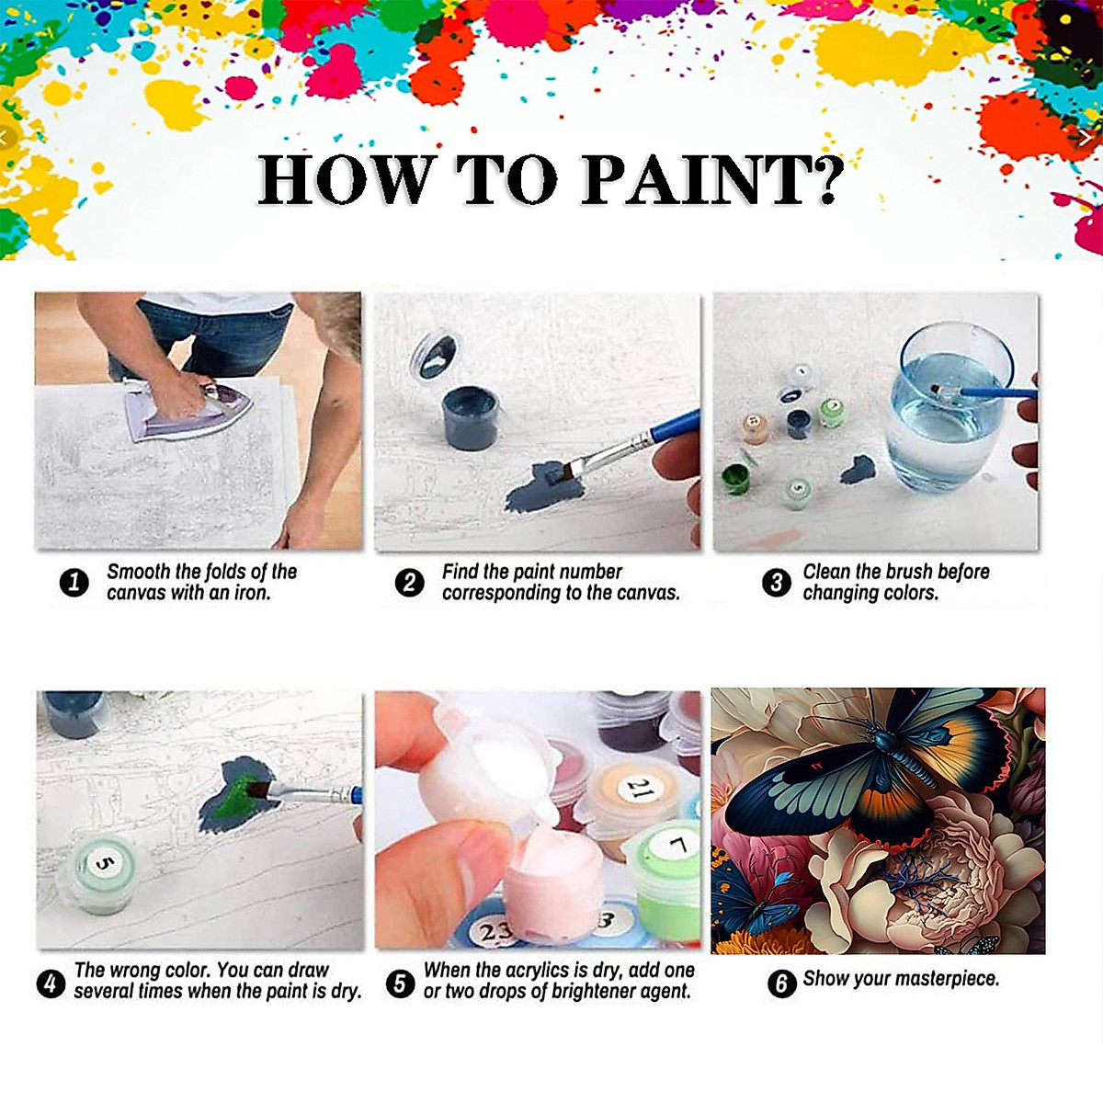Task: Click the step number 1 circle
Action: click(74, 583)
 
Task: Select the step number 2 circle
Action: click(409, 583)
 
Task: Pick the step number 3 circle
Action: click(777, 583)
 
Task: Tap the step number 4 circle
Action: click(51, 984)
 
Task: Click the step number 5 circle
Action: click(400, 984)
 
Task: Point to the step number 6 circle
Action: click(781, 984)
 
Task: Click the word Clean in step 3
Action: click(825, 572)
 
